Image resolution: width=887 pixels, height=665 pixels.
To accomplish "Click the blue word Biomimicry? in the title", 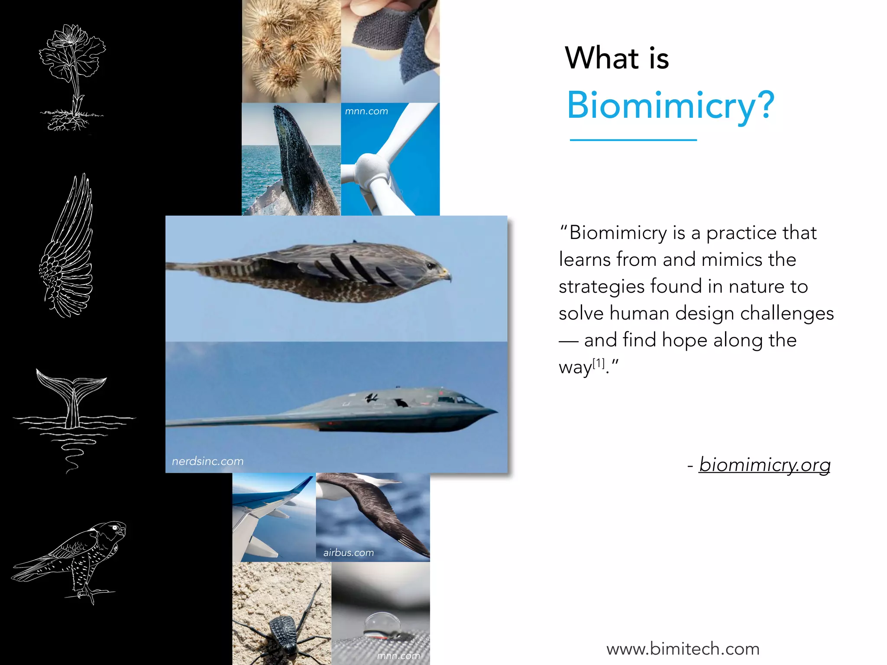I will [670, 105].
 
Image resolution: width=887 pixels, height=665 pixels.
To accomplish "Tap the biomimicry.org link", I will [764, 465].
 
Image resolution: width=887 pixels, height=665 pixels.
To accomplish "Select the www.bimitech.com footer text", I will [683, 649].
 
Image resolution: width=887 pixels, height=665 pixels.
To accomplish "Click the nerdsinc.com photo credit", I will [207, 461].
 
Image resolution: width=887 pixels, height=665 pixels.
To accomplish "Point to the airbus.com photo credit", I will [348, 552].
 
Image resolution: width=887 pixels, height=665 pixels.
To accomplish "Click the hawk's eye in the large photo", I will [430, 266].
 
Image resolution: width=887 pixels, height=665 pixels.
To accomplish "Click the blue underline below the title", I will [633, 140].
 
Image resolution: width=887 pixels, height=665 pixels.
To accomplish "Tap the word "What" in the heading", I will [602, 58].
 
